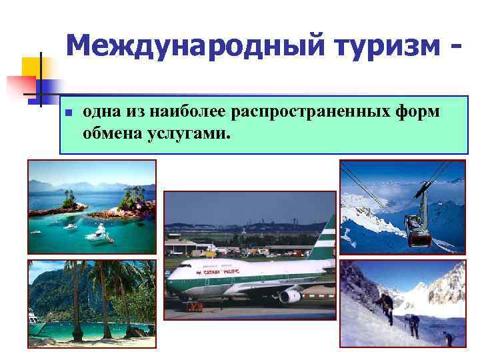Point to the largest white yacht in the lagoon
coord(97,233)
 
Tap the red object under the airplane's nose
coord(194,307)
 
